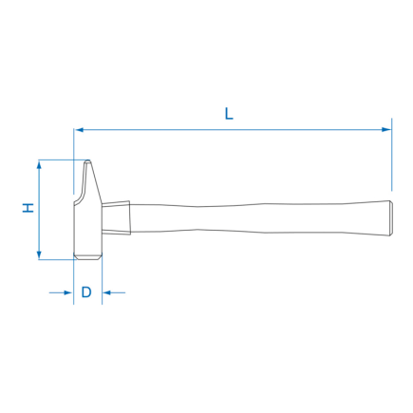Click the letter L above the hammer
[229, 113]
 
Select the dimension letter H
[28, 209]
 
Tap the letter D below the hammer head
[86, 292]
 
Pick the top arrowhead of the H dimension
[39, 166]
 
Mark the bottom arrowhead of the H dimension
[39, 253]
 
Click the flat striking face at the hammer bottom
[88, 257]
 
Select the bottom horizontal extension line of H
[55, 258]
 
